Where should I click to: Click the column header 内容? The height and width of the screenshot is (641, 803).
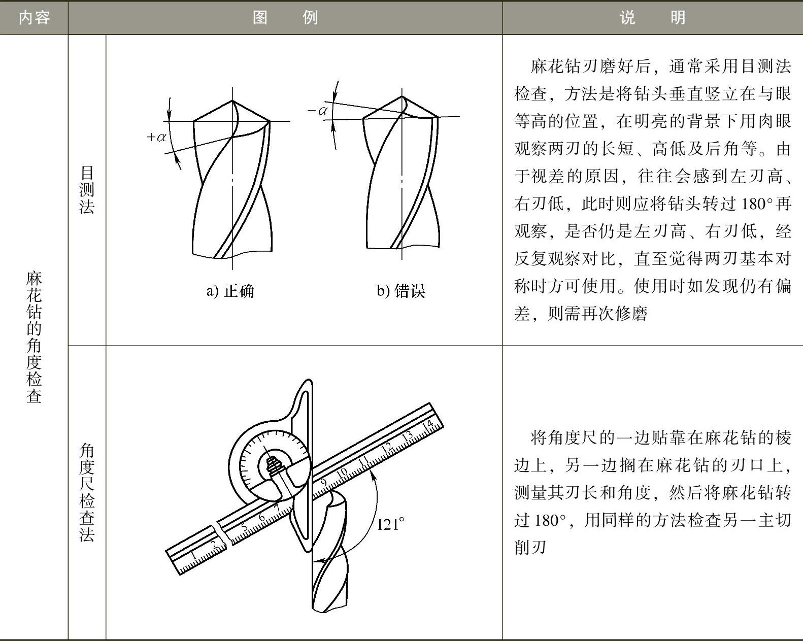34,18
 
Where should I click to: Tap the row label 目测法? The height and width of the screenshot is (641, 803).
87,190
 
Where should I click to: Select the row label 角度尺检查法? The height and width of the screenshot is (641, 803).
87,492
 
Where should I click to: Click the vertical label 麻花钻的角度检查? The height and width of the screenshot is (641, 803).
34,338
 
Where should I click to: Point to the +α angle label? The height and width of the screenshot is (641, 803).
156,138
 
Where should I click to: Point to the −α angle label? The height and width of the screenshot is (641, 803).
318,111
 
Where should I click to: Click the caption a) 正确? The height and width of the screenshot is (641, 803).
230,291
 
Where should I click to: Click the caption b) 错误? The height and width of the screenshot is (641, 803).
401,291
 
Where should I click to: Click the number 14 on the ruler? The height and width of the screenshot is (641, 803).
427,425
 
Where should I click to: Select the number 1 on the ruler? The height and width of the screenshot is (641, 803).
193,556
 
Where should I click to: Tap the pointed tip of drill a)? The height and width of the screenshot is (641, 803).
232,100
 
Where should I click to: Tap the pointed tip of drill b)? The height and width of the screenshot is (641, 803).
402,96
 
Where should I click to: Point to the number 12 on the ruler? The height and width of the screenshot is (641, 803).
387,447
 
